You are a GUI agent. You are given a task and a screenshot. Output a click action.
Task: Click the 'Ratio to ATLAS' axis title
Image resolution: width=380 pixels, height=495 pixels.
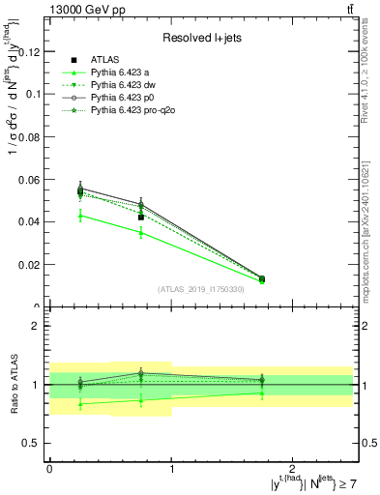point(14,385)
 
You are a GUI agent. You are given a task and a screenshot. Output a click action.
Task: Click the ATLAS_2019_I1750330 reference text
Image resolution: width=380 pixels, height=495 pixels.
point(201,289)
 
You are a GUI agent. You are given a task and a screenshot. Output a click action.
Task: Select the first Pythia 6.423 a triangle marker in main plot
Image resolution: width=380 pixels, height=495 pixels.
point(80,215)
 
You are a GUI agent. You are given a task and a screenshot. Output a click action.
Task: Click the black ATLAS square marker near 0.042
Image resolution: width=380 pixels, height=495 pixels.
point(141,218)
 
